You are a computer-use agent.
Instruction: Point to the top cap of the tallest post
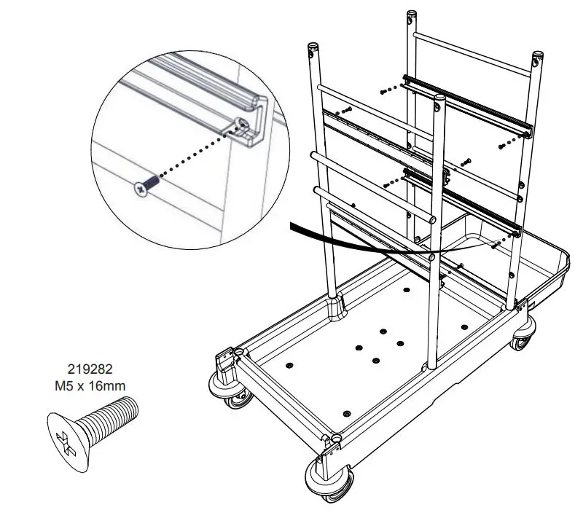[x=410, y=15]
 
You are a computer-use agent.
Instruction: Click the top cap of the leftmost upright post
[x=313, y=48]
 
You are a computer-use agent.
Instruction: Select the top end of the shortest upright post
[x=439, y=97]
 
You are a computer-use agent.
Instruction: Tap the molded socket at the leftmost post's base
[x=337, y=307]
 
